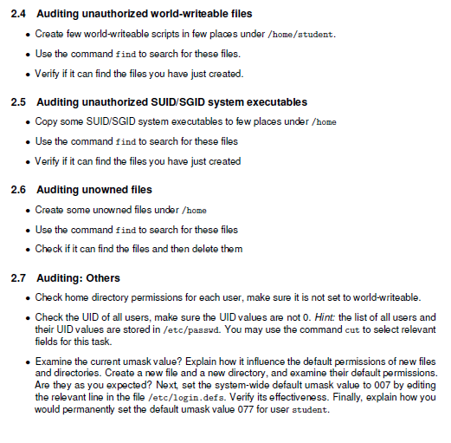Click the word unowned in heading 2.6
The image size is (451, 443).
106,190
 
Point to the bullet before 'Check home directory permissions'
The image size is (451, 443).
29,298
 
